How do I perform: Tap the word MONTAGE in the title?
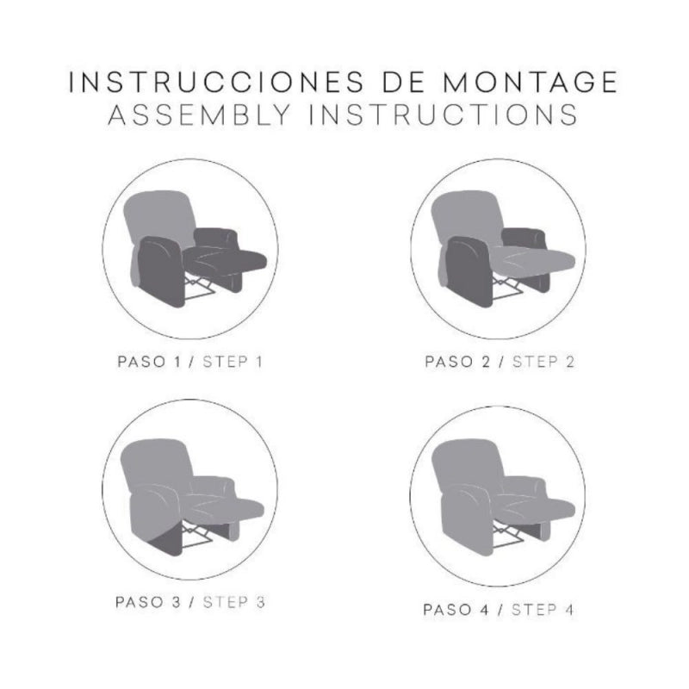pos(530,82)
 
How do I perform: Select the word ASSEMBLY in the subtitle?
pos(200,115)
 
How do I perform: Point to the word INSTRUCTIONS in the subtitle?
pos(444,115)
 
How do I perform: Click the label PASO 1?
pos(149,362)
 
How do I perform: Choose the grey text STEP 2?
pos(543,362)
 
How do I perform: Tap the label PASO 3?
pos(148,602)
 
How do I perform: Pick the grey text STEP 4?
pos(543,610)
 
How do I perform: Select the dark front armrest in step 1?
pos(160,271)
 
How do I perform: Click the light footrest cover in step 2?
pos(534,259)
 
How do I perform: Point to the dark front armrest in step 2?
pos(469,271)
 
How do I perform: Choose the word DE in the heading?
pos(403,82)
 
